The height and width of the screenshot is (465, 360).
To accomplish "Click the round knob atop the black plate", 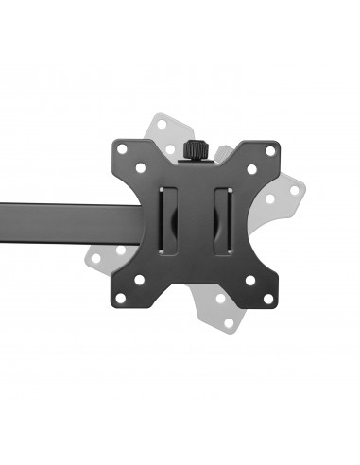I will coord(198,149).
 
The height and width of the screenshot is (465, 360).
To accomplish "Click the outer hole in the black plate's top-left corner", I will coord(122,149).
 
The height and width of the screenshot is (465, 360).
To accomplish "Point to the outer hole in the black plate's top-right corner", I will coord(270,151).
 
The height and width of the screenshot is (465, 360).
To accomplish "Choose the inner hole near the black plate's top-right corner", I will coord(251,169).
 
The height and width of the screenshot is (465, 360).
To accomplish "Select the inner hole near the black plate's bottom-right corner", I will coord(250,281).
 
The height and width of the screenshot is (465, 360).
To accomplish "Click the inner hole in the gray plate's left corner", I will coord(120,250).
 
